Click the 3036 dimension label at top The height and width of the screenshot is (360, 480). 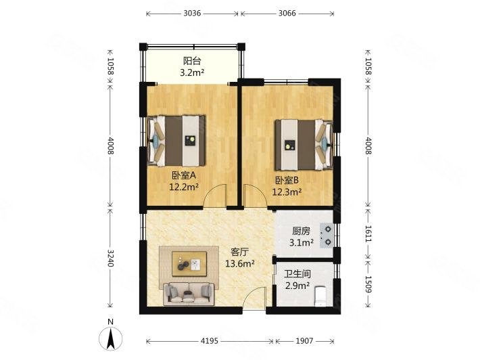pyautogui.click(x=192, y=13)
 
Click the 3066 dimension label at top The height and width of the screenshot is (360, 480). pyautogui.click(x=287, y=13)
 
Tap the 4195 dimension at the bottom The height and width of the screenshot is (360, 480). pyautogui.click(x=210, y=340)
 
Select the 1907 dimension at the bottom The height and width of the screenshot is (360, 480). pyautogui.click(x=304, y=340)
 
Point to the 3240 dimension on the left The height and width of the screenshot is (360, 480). pyautogui.click(x=110, y=258)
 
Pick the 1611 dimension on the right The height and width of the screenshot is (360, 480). pyautogui.click(x=368, y=233)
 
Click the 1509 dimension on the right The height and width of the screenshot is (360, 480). pyautogui.click(x=368, y=284)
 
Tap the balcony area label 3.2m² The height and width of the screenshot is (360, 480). pyautogui.click(x=192, y=73)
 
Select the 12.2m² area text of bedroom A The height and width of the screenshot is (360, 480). pyautogui.click(x=184, y=187)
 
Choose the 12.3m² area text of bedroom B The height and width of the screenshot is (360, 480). pyautogui.click(x=287, y=192)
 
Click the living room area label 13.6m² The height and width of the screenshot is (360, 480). pyautogui.click(x=240, y=263)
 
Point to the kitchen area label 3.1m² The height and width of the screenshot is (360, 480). pyautogui.click(x=302, y=243)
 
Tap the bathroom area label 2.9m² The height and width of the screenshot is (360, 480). pyautogui.click(x=297, y=286)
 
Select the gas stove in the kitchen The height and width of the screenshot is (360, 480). pyautogui.click(x=327, y=235)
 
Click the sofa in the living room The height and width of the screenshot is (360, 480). pyautogui.click(x=189, y=294)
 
